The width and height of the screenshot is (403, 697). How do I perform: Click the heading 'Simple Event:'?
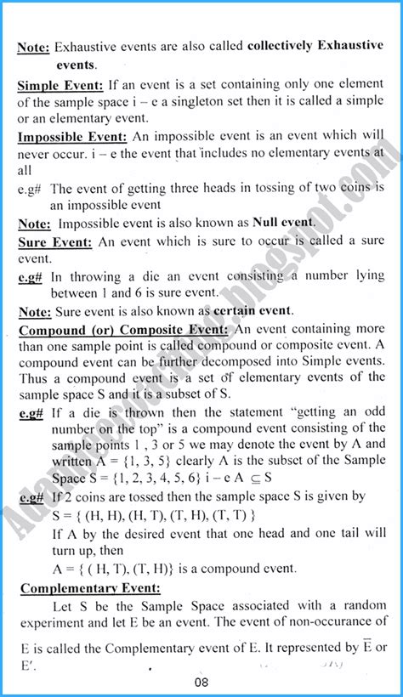(59, 86)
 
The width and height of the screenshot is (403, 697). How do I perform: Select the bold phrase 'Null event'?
(280, 223)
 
